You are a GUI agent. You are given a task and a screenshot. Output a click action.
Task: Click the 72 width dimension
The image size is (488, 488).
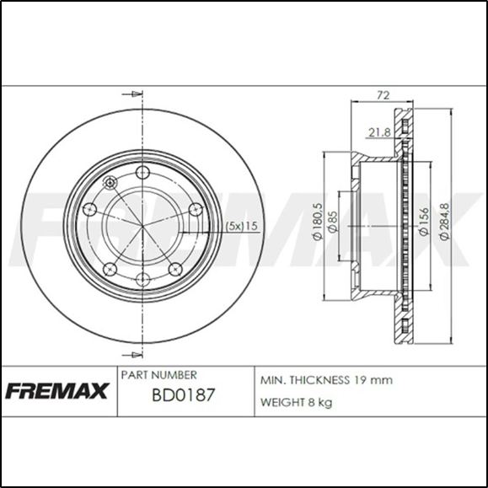pos(382,96)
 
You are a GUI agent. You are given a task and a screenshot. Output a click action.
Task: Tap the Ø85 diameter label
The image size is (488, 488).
pos(334,224)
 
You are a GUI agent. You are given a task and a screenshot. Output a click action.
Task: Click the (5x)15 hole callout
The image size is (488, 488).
pos(240,225)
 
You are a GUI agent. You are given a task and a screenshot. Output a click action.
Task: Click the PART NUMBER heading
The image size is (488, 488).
pos(159,374)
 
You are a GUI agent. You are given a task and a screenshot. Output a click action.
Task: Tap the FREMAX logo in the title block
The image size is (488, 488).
pos(57,392)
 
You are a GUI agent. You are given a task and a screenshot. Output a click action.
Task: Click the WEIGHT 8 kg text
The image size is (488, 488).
pos(297,402)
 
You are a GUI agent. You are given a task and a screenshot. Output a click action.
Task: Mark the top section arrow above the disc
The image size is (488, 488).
pos(129,94)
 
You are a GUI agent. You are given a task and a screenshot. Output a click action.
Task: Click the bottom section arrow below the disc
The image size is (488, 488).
pos(129,353)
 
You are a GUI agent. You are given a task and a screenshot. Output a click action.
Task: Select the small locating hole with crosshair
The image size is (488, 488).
pos(108,184)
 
